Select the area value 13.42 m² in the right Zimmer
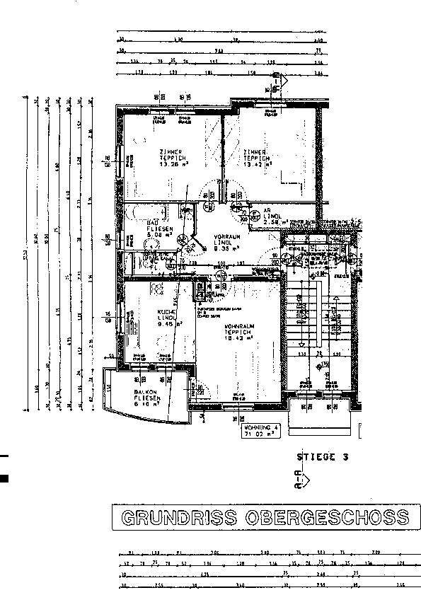[x=257, y=165]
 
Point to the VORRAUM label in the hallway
[x=227, y=237]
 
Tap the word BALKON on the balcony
[x=148, y=393]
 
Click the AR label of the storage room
[x=268, y=211]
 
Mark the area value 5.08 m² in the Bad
[x=155, y=236]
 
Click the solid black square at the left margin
[x=4, y=479]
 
